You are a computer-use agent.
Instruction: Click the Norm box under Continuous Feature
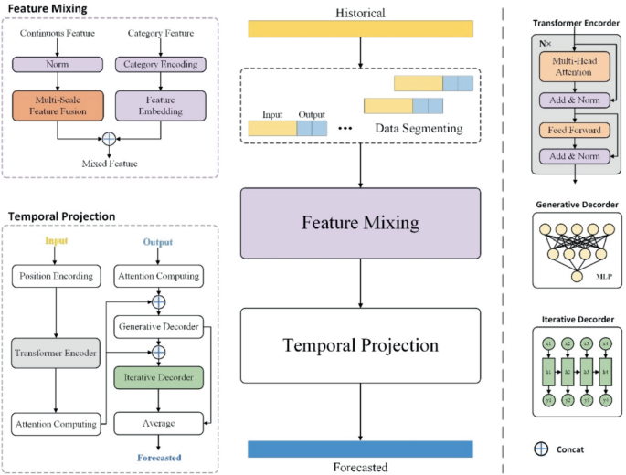pos(57,64)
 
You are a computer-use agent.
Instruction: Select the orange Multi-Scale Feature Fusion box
pos(57,104)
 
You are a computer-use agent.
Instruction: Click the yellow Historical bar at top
pos(360,29)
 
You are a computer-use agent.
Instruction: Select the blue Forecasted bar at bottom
pos(360,449)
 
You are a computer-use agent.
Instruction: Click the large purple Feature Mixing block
pos(360,223)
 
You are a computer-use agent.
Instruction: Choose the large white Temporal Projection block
pos(360,345)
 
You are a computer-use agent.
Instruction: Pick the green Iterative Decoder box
pos(158,377)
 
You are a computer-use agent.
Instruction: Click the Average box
pos(158,424)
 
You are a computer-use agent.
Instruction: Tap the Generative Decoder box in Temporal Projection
pos(158,326)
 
